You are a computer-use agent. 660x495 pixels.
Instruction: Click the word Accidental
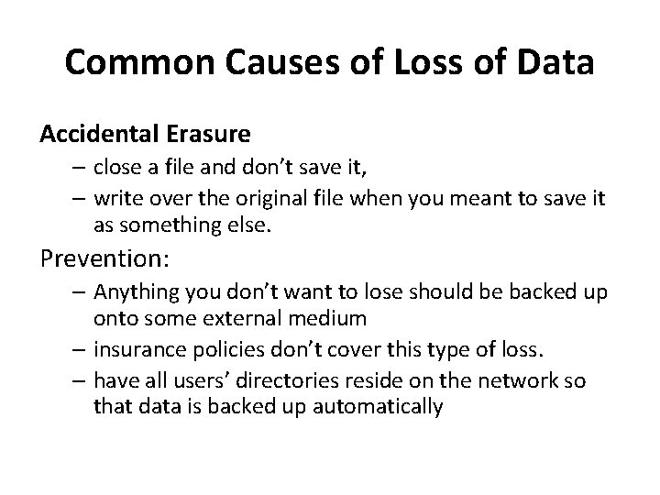point(98,135)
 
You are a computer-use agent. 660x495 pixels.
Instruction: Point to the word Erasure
point(209,135)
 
